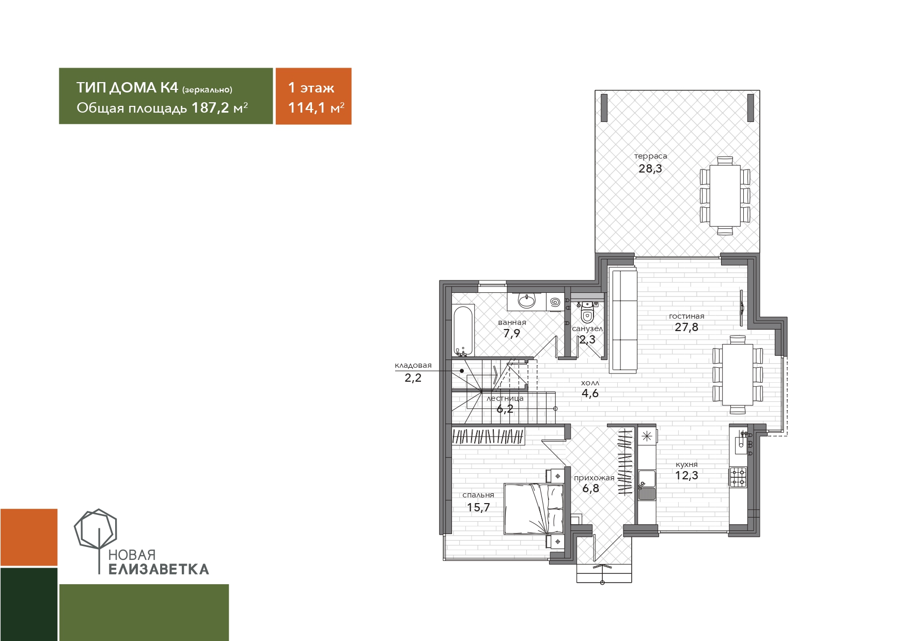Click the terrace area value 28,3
650,168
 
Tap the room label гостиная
686,316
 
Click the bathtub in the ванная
463,331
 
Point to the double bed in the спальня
534,509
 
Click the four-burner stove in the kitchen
738,477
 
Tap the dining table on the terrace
725,196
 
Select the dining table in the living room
737,374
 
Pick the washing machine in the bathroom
555,302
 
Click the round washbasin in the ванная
527,301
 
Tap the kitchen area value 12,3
686,476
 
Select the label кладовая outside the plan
413,365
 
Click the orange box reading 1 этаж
314,96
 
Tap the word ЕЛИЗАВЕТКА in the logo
159,569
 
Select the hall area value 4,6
590,393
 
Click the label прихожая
594,478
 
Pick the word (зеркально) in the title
207,90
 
